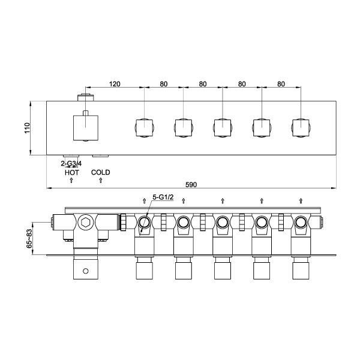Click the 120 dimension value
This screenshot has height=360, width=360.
pos(115,84)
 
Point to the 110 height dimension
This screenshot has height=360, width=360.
pos(27,128)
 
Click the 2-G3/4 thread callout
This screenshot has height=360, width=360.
pos(72,163)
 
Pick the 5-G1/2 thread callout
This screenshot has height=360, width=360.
pos(163,197)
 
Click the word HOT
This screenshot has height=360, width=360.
pos(72,173)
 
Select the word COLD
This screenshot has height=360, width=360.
pos(101,173)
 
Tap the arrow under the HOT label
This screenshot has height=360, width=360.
pos(72,180)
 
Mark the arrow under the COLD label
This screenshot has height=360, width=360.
pos(101,180)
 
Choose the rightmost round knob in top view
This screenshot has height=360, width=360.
pos(300,128)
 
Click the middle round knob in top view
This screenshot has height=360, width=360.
pos(223,128)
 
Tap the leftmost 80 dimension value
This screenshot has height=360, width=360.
pos(164,84)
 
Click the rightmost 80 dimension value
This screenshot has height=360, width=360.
pos(280,84)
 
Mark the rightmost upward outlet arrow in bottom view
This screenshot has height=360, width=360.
pos(300,200)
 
